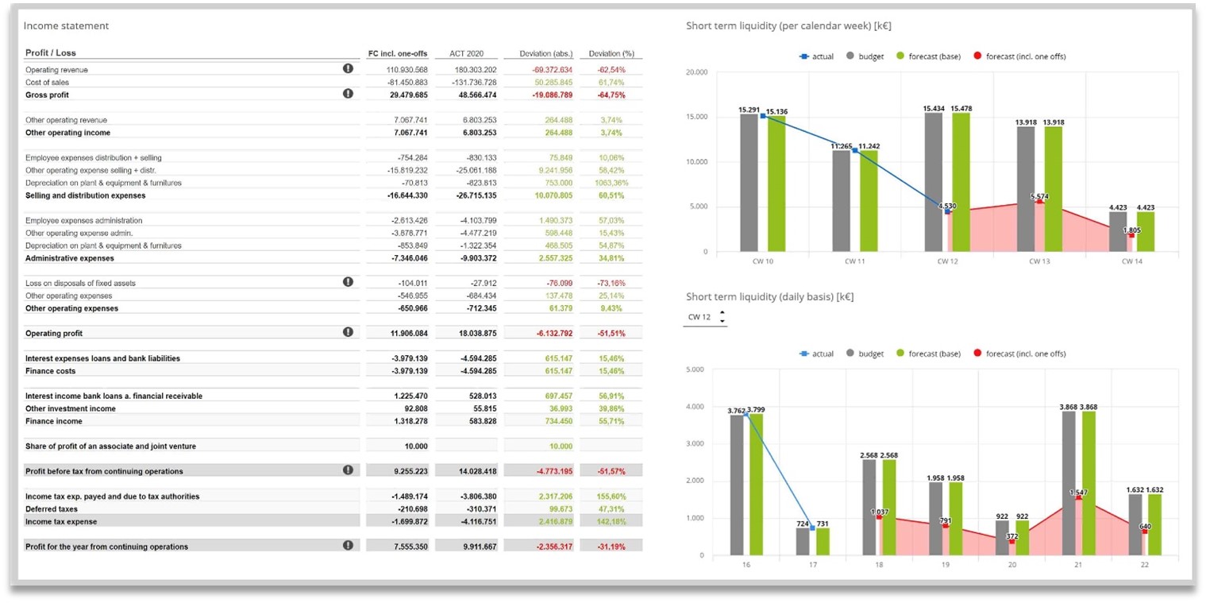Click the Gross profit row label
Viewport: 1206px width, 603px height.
47,95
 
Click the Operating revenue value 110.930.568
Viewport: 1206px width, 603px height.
407,70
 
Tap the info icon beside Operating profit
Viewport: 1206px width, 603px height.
348,332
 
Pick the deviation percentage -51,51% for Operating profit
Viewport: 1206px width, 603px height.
611,334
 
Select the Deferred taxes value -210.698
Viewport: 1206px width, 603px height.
411,509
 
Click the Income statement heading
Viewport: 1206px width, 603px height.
66,25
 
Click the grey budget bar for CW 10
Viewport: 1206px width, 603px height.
749,183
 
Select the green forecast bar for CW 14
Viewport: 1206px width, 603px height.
1146,231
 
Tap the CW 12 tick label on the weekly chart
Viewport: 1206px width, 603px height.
946,261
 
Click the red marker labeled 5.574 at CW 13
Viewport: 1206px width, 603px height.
1039,201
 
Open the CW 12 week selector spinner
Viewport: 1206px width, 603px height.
722,317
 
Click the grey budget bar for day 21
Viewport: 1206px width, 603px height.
1068,483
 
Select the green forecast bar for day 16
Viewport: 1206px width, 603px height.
755,485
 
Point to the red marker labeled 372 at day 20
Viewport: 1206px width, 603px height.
1011,542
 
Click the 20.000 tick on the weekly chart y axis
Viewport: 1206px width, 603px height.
696,73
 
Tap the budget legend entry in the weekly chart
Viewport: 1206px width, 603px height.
865,56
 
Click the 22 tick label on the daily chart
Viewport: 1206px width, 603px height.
1143,565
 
